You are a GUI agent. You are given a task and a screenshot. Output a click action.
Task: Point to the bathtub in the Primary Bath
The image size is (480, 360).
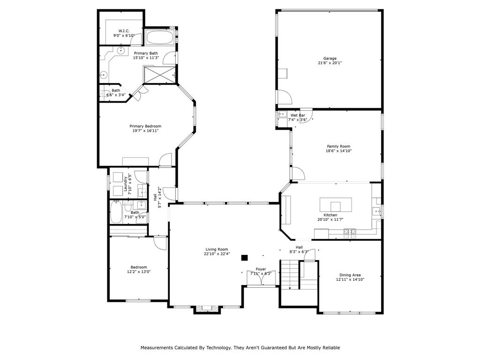159,37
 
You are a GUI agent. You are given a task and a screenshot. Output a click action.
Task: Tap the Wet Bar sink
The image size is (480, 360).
282,114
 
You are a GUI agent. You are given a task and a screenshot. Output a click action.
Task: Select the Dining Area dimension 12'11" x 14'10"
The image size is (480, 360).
350,279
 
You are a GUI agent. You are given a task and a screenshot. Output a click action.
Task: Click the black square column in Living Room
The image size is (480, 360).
244,257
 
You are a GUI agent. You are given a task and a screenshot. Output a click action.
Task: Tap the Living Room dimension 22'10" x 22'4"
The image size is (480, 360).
217,254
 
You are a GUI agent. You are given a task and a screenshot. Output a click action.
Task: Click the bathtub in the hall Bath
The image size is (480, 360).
116,212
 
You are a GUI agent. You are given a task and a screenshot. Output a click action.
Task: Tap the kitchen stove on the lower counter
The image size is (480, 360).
350,231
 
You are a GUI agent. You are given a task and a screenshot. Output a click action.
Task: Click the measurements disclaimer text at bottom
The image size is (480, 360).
240,348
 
